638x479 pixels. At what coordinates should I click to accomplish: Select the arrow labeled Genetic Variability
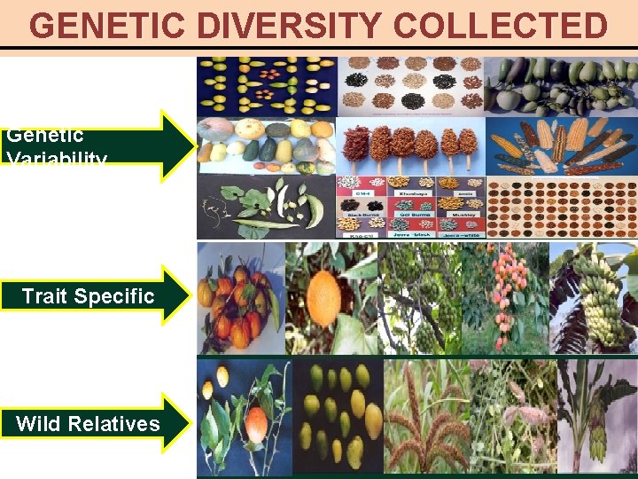(x=97, y=146)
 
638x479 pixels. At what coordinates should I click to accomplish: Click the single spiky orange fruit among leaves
(x=324, y=298)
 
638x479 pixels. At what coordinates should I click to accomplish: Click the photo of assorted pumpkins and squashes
(x=266, y=145)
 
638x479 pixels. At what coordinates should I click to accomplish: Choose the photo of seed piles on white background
(x=411, y=86)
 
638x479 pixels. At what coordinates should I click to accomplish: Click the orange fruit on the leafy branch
(x=248, y=417)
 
